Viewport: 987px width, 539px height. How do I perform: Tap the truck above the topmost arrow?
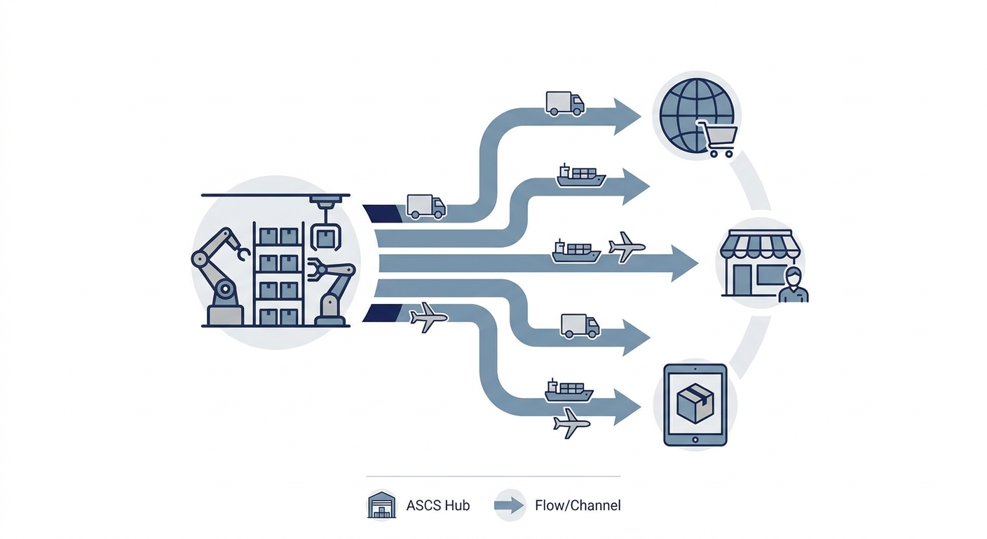coord(565,104)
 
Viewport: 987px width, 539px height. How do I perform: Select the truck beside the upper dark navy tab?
coord(426,207)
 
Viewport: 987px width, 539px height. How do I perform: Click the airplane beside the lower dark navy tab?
coord(428,317)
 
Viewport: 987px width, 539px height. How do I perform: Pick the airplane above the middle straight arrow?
coord(627,247)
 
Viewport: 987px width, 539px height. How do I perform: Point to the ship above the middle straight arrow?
coord(576,251)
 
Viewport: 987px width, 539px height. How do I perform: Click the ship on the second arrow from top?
coord(581,175)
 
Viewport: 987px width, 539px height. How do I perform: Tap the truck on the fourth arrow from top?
coord(580,326)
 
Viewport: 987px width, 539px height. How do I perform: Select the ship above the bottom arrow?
coord(569,390)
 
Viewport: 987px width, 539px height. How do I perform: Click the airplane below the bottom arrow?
coord(571,423)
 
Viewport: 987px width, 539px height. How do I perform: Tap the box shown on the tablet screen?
coord(695,403)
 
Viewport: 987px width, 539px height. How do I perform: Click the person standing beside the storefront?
coord(793,285)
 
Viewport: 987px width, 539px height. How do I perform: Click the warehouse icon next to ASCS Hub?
coord(381,505)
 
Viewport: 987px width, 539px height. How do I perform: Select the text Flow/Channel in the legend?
coord(578,505)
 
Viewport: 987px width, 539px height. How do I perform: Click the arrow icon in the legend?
coord(510,505)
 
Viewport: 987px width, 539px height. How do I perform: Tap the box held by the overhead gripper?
coord(326,239)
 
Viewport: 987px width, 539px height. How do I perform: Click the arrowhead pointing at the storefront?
coord(684,263)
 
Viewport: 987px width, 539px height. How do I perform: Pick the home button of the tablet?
coord(695,440)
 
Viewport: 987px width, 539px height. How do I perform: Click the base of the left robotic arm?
coord(225,316)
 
